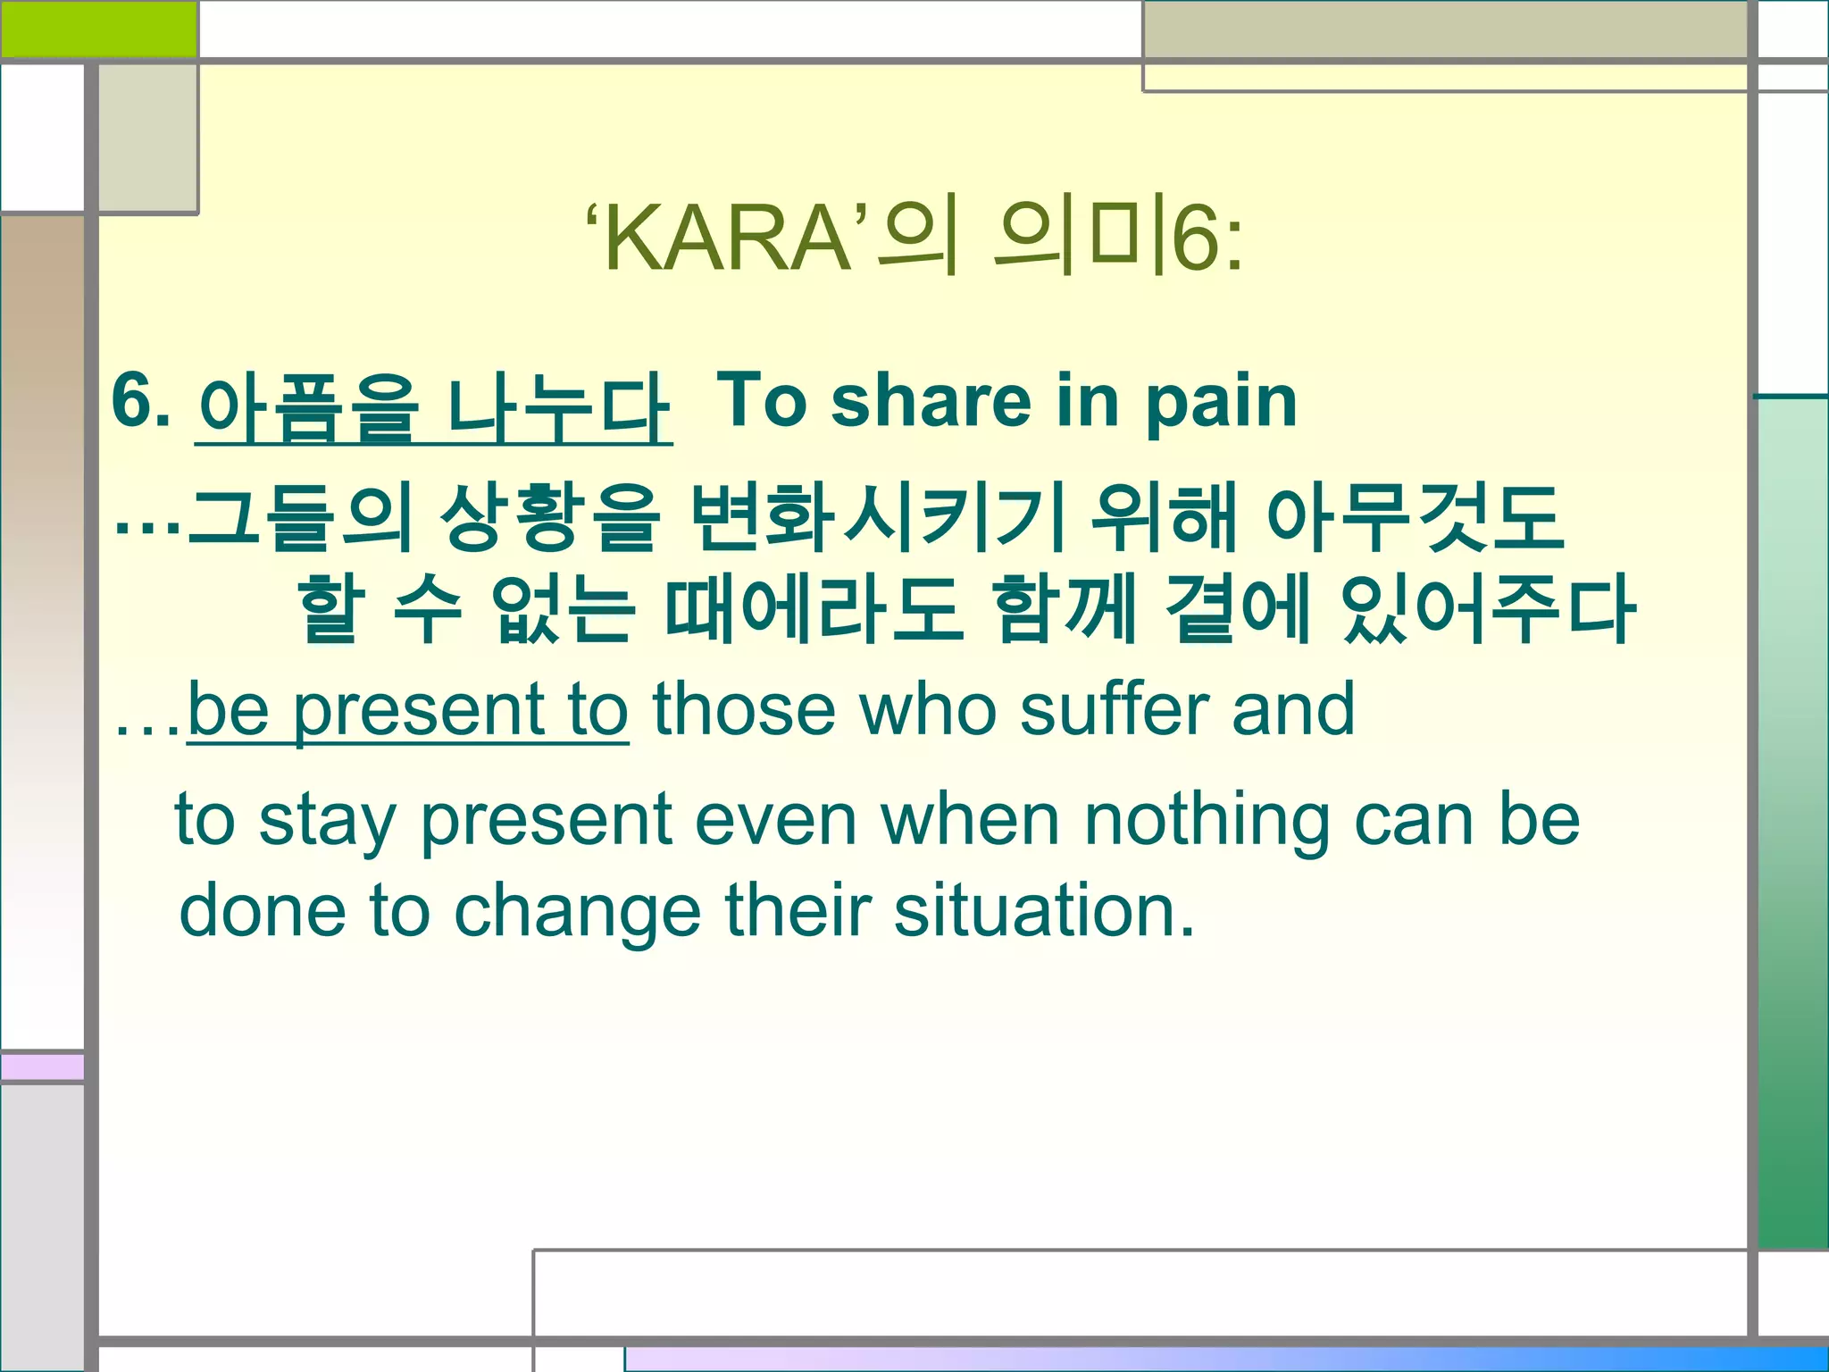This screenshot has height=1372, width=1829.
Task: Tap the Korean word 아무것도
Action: pos(1415,518)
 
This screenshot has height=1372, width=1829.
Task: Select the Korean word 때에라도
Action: pos(814,610)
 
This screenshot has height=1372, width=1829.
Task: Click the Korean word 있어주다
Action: pos(1487,610)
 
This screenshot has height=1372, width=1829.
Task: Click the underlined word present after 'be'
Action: pos(419,712)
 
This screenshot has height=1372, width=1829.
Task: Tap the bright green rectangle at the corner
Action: pos(98,29)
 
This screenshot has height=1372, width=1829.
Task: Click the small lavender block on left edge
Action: pos(42,1067)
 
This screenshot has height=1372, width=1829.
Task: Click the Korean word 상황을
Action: pos(550,518)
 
